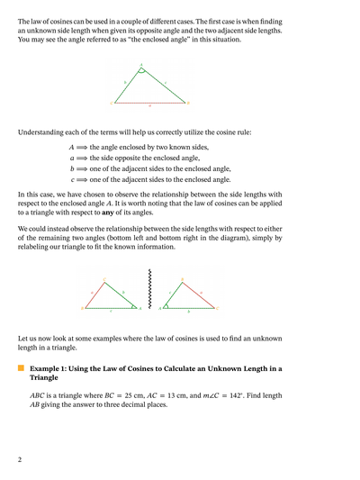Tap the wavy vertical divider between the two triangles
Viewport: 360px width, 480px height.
click(149, 288)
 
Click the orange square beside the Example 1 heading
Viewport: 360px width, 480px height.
click(22, 369)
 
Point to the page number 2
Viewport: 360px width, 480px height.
click(20, 459)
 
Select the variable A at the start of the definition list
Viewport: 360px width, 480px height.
click(72, 147)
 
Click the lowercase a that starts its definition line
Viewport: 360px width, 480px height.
click(72, 158)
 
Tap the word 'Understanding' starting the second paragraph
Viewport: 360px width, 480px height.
click(43, 132)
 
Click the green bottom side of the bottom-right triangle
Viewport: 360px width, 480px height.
click(189, 308)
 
